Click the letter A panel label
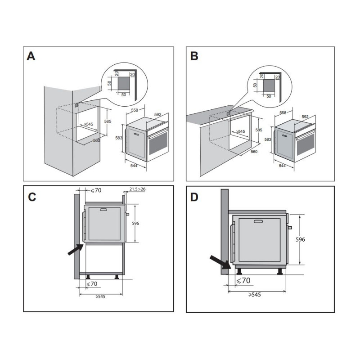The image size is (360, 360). pos(31,56)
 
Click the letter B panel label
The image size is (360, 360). pos(194,56)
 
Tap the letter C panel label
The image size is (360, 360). pos(32,197)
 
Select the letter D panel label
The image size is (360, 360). pos(194,197)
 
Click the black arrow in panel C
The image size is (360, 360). pos(76,249)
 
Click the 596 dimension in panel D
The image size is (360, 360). pos(300,239)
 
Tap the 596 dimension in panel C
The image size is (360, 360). pos(135,223)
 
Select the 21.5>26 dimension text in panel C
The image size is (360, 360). pos(137,189)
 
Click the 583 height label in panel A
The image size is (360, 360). pos(119,138)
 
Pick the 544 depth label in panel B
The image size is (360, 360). pos(282,166)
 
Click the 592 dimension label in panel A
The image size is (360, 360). pos(158,114)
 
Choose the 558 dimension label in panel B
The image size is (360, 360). pos(283,113)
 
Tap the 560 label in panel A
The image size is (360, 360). pos(97,140)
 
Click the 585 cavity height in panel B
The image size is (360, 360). pos(259,130)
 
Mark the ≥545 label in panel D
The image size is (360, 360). pos(255,295)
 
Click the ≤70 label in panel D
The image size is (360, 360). pos(243,280)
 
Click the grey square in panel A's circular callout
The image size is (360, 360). pos(124,83)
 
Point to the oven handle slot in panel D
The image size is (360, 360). pos(258,221)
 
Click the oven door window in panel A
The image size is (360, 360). pos(158,143)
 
